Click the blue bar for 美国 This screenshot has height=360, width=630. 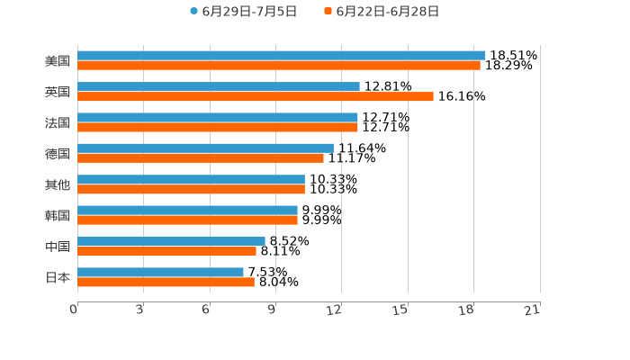tap(281, 56)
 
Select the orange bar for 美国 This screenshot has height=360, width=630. tap(279, 66)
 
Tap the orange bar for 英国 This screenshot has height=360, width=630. tap(256, 96)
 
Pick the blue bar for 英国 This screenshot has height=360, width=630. tap(219, 86)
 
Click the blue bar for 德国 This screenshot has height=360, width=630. tap(205, 148)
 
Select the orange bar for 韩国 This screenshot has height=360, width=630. tap(187, 220)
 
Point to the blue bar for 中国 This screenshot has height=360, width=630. tap(171, 241)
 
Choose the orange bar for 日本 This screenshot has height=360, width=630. tap(166, 282)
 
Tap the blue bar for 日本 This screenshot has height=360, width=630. tap(160, 272)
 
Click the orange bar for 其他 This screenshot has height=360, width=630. tap(191, 189)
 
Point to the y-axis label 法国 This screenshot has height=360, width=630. tap(58, 122)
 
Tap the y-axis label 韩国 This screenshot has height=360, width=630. tap(58, 215)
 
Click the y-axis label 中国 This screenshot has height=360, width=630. tap(58, 247)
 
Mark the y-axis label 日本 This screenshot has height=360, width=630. tap(58, 277)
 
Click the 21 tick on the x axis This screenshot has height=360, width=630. tap(533, 310)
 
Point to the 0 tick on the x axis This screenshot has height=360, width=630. tap(74, 310)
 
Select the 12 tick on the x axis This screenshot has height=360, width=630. tap(335, 310)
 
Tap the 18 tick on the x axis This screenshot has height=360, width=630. tap(466, 310)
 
